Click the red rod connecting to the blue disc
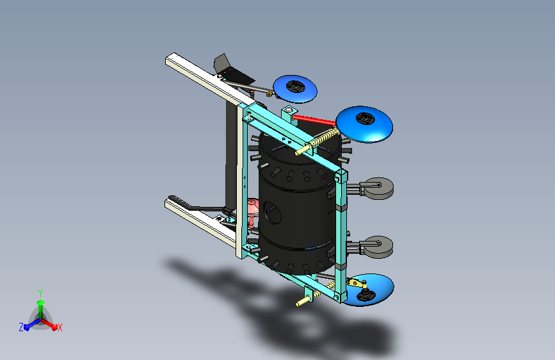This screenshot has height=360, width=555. pyautogui.click(x=314, y=120)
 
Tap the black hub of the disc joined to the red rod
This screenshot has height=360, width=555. pyautogui.click(x=366, y=119)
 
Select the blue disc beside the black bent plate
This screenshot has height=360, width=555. pyautogui.click(x=295, y=88)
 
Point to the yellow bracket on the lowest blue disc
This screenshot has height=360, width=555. pyautogui.click(x=357, y=283)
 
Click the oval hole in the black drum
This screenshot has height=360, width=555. pyautogui.click(x=272, y=213)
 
